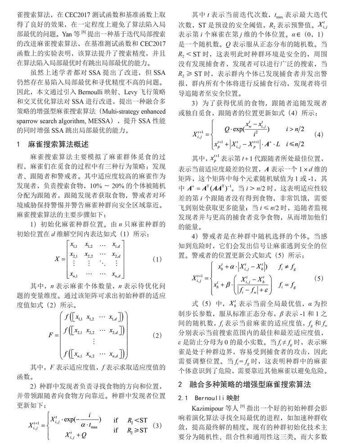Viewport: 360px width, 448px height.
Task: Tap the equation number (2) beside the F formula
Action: (157, 335)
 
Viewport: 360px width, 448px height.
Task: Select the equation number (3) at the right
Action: (157, 425)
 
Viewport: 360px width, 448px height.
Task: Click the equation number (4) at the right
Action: (319, 135)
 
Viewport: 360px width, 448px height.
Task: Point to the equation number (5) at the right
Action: (319, 278)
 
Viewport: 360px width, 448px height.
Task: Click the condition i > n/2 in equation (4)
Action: (295, 129)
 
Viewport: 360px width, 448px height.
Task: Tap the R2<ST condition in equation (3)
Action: (136, 420)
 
